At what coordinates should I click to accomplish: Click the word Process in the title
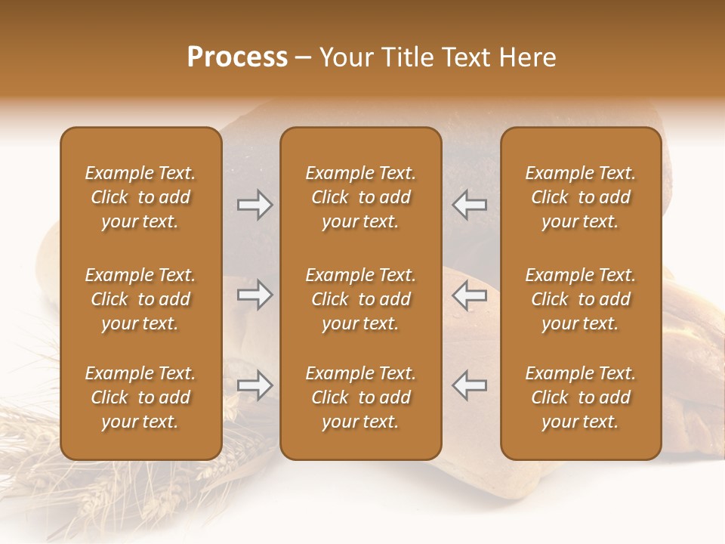237,57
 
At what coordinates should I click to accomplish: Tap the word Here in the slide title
526,57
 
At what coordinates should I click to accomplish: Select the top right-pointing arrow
255,205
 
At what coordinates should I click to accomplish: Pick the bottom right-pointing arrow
255,385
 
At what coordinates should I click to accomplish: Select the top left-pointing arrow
469,205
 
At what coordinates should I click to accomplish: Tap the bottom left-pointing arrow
469,385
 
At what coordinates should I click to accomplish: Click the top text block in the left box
140,197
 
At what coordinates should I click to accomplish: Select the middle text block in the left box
140,299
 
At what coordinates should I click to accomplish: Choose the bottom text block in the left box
140,397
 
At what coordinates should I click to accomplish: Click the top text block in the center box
360,197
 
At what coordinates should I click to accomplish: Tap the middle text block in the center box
360,299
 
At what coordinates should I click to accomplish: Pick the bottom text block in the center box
360,397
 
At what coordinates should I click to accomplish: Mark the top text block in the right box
580,197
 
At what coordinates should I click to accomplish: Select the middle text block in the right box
580,299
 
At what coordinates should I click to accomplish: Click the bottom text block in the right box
580,397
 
